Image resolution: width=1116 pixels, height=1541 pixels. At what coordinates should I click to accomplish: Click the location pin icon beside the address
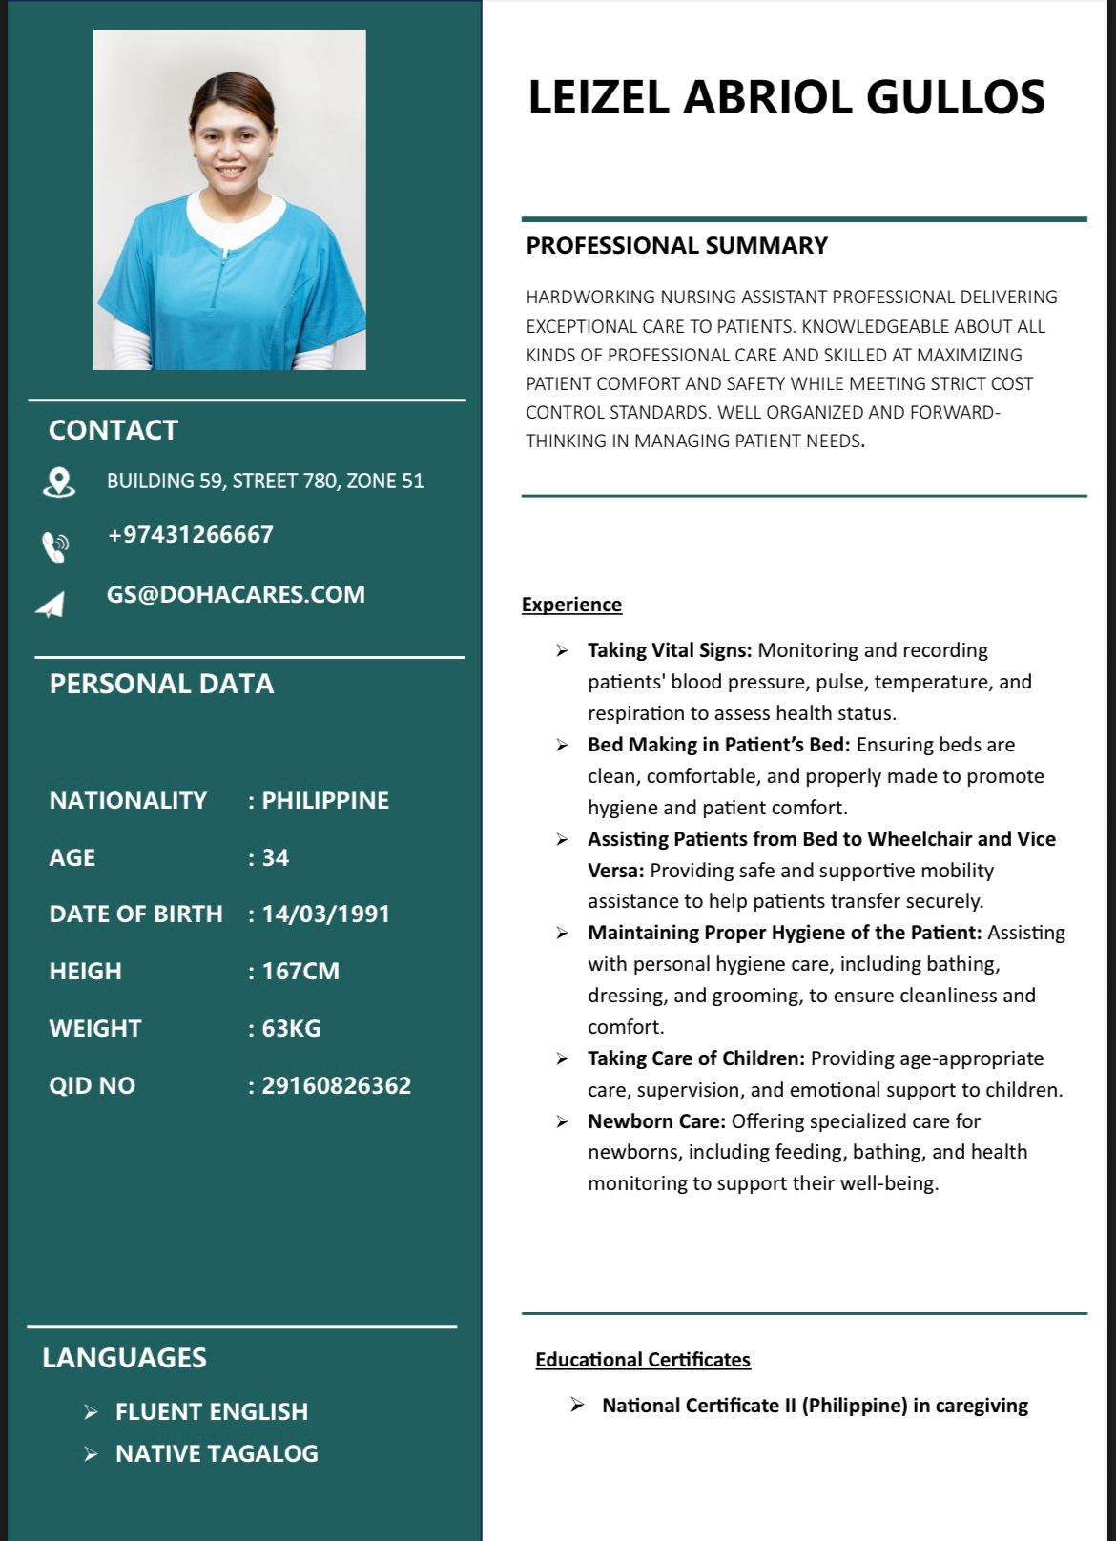coord(59,482)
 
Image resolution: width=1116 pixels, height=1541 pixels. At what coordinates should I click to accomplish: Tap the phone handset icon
coord(55,546)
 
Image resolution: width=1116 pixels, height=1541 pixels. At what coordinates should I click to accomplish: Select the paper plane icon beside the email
coord(51,605)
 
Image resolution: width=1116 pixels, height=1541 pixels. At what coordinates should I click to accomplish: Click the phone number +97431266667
coord(191,534)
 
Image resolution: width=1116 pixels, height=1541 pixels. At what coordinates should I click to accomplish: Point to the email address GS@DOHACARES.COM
coord(236,594)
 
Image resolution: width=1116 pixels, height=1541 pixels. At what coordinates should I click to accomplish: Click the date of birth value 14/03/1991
coord(326,914)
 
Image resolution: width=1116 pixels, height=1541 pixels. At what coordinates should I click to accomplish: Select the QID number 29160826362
coord(337,1085)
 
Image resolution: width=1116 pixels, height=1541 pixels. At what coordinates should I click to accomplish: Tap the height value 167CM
coord(300,971)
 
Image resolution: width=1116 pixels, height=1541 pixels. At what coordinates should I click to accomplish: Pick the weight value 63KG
coord(292,1028)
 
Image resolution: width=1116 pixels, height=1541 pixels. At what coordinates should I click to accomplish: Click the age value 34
coord(276,857)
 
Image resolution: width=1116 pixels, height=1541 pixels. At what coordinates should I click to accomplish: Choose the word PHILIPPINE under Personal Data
coord(325,800)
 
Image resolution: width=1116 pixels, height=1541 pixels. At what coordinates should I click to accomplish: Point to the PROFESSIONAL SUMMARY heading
coord(677,245)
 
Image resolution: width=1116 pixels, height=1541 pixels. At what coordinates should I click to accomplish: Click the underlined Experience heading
coord(571,605)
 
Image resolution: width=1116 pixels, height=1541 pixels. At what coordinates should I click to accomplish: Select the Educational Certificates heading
coord(643,1360)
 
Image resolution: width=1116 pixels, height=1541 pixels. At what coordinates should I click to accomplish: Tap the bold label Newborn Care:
coord(656,1120)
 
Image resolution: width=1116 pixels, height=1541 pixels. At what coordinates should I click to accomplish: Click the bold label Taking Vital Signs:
coord(670,650)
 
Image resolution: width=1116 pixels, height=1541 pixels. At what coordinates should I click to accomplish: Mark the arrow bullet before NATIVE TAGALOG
coord(91,1454)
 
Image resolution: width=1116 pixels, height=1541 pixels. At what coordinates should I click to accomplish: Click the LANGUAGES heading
coord(124,1358)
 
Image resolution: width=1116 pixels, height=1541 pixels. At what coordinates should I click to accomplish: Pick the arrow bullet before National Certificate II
coord(577,1405)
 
